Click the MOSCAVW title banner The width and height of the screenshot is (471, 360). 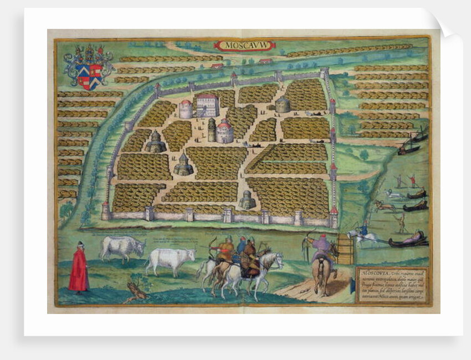243,45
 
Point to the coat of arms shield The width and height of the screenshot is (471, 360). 89,75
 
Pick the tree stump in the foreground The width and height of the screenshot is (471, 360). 137,289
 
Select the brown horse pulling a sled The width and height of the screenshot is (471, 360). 382,205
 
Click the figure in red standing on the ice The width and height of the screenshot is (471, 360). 411,180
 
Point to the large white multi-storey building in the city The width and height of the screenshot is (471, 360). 207,105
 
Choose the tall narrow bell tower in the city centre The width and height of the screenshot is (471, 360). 212,130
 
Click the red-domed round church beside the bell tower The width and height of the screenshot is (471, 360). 225,132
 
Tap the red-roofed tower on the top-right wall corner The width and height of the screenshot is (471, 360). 324,74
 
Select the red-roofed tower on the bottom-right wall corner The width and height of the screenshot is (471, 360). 334,217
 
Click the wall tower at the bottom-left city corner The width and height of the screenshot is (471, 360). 106,211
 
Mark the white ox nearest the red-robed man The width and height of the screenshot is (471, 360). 121,248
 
